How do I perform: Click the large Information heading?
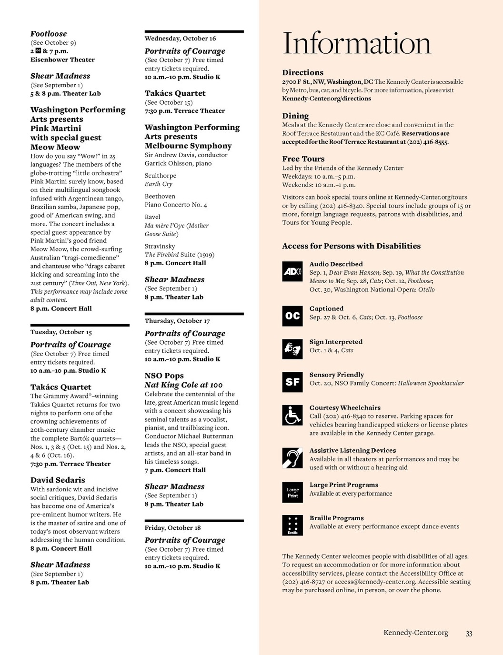click(356, 44)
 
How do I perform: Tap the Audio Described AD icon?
click(292, 272)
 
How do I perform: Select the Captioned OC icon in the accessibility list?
click(292, 316)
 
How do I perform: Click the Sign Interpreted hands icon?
click(292, 349)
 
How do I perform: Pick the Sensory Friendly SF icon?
click(292, 382)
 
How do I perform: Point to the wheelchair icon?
click(292, 415)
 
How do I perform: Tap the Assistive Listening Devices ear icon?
click(292, 458)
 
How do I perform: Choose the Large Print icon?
click(292, 492)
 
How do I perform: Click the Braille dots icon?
click(292, 526)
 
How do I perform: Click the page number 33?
click(469, 634)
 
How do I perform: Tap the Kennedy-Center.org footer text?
click(416, 633)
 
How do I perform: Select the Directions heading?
click(302, 73)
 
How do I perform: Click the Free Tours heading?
click(303, 159)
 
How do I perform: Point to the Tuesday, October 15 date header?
click(61, 332)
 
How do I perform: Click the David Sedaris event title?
click(58, 480)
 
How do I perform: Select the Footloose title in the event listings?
click(49, 34)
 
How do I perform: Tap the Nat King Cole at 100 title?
click(183, 385)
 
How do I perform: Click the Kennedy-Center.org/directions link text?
click(326, 99)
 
